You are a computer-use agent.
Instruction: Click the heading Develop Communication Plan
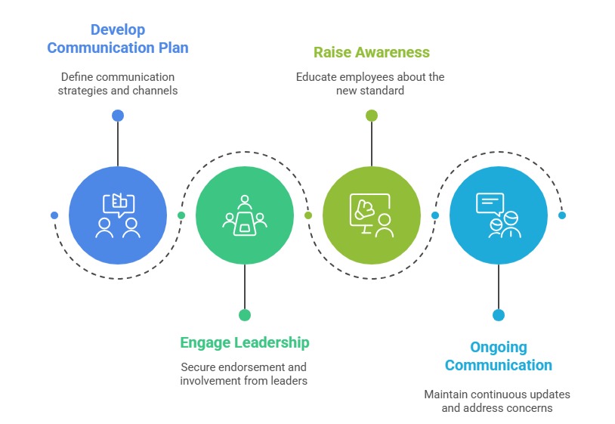[x=118, y=39]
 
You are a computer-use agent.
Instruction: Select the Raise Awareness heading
[x=372, y=53]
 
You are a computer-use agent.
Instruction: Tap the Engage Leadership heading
[x=245, y=342]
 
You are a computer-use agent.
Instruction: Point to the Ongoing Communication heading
[x=499, y=356]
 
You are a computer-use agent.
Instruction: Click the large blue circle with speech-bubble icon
[x=118, y=215]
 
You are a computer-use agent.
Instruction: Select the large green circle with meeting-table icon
[x=245, y=215]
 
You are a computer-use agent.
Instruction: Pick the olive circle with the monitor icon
[x=372, y=215]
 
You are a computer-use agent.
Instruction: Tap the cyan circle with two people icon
[x=499, y=215]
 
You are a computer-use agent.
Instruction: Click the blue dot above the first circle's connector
[x=118, y=116]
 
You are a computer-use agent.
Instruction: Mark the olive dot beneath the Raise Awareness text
[x=372, y=116]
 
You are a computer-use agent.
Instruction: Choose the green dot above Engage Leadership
[x=245, y=315]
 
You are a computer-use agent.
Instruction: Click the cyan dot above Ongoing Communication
[x=499, y=315]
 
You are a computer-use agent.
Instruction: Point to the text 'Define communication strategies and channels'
[x=118, y=84]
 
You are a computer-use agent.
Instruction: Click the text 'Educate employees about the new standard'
[x=370, y=84]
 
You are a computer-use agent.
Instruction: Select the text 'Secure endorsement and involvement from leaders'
[x=244, y=374]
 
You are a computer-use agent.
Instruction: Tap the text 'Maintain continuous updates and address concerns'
[x=497, y=401]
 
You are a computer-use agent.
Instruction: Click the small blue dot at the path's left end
[x=54, y=215]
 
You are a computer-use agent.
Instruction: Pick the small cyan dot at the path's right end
[x=562, y=215]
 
